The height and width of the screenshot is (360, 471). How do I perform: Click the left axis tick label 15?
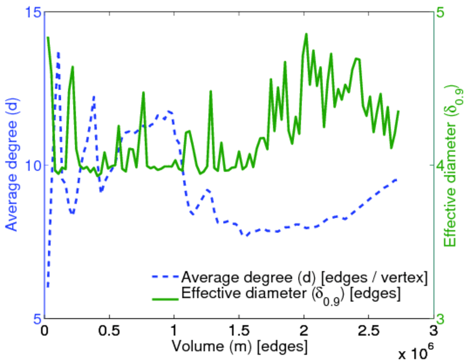31,12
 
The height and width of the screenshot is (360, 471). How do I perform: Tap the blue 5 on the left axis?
34,318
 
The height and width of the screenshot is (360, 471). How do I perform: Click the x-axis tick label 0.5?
109,331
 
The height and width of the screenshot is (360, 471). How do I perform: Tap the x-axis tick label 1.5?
238,331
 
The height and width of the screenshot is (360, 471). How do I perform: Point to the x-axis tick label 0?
44,331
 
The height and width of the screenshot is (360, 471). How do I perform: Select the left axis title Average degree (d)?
11,165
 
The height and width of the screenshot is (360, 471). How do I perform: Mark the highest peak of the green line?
306,34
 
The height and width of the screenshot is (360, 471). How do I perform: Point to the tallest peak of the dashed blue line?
58,53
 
